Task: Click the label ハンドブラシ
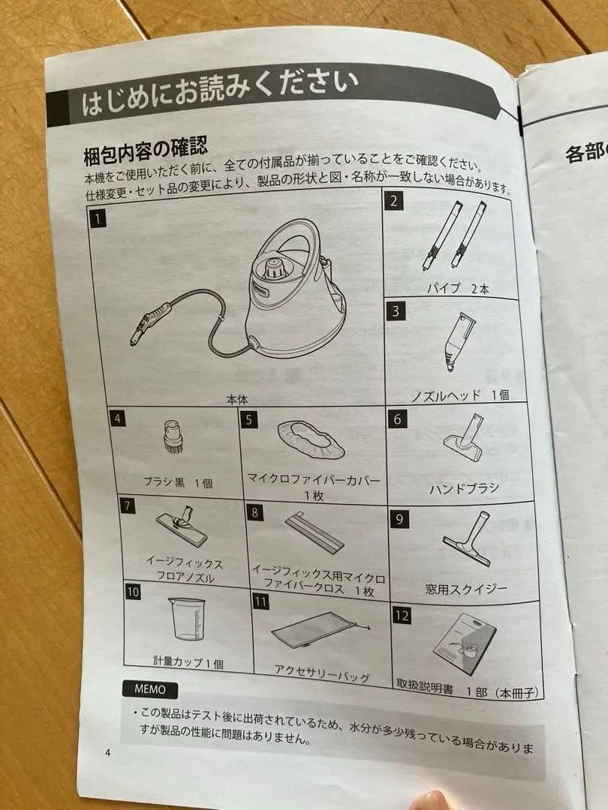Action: point(463,489)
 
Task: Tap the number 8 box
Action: point(256,512)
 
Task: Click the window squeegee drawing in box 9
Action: point(469,539)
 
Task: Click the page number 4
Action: point(107,754)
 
